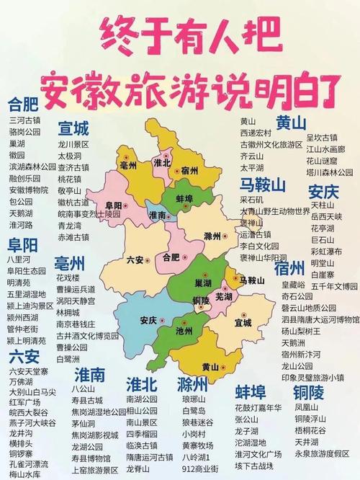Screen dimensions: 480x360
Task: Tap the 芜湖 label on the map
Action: [204, 296]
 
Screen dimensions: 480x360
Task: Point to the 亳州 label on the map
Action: [130, 166]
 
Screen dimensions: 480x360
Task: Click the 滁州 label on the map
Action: [212, 236]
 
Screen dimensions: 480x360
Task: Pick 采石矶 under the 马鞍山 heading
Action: [252, 200]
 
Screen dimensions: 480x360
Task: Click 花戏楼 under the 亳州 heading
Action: [68, 276]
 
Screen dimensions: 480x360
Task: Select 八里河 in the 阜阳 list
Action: [19, 257]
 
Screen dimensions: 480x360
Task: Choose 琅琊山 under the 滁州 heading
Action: [194, 398]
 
